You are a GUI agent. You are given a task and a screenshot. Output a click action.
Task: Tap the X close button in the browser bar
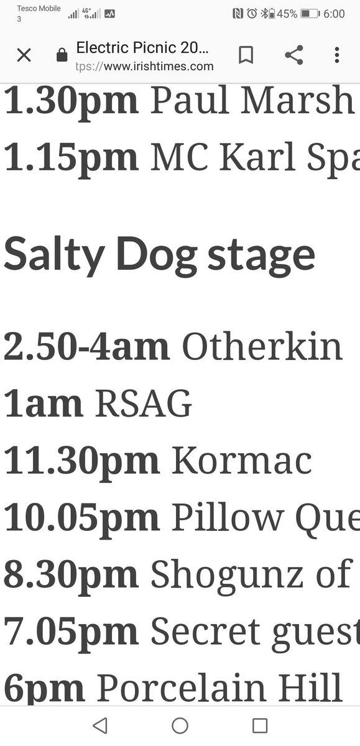tap(24, 55)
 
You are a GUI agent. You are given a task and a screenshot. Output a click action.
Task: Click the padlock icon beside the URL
tap(62, 56)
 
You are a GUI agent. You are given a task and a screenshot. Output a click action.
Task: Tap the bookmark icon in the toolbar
tap(246, 55)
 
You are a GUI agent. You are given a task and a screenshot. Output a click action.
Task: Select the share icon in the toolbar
tap(293, 55)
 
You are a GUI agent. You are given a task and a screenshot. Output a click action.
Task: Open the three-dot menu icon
tap(337, 55)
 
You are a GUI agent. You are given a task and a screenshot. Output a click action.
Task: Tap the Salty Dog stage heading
tap(159, 255)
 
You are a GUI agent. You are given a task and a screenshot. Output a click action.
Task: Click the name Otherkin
tap(262, 348)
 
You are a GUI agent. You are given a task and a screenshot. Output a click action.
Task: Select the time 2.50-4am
tap(86, 348)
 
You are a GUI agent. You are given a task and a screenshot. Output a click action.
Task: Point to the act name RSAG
tap(143, 405)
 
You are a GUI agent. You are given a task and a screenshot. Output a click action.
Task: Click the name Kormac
tap(241, 461)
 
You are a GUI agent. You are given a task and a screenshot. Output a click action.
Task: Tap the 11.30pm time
tap(81, 461)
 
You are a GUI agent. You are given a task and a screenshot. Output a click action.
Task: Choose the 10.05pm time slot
tap(81, 518)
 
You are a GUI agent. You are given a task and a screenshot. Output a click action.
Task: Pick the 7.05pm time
tap(71, 632)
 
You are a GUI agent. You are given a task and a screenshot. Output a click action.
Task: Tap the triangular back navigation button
tap(99, 725)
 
